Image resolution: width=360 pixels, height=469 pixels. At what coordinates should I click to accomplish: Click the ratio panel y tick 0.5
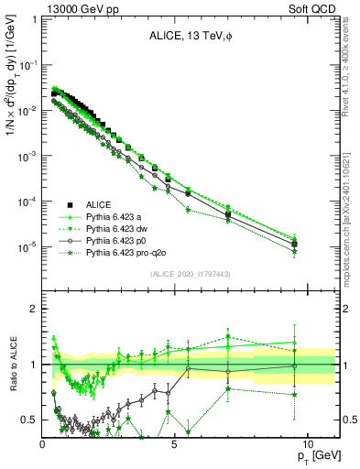coord(31,420)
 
